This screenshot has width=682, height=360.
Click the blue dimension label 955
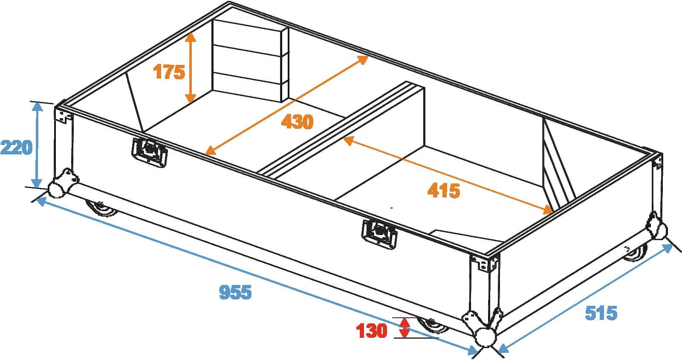point(235,292)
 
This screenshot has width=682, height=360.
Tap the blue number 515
point(601,313)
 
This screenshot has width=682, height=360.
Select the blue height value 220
point(16,148)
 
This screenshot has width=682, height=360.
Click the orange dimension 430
point(297,122)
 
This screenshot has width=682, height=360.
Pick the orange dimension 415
point(444,191)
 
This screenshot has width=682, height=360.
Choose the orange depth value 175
point(169,72)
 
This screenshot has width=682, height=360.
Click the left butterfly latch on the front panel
point(149,152)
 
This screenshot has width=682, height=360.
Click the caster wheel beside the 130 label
point(433,325)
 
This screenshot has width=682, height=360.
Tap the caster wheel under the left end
point(101,208)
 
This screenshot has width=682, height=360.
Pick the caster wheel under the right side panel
point(635,253)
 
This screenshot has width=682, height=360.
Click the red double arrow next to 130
point(405,328)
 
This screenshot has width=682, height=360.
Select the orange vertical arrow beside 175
point(191,67)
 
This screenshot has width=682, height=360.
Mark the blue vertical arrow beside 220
point(38,145)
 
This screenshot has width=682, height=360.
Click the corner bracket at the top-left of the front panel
point(64,116)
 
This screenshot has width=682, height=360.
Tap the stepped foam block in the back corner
point(250,61)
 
